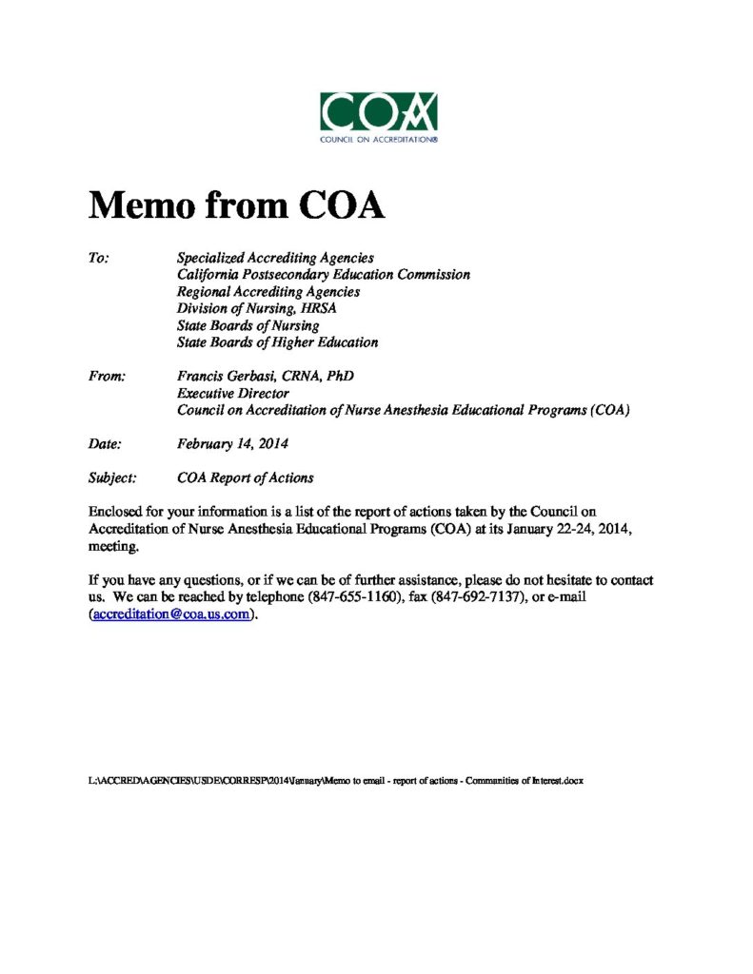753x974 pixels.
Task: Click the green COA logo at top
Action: point(379,112)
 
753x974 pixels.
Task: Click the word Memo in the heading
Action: point(140,205)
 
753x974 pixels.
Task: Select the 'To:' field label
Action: point(99,258)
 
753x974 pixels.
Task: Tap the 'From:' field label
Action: point(108,377)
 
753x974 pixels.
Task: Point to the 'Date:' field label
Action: point(105,443)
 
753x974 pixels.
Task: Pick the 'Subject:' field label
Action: point(112,477)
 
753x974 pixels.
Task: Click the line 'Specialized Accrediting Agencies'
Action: point(275,258)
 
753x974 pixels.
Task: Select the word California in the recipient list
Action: point(212,274)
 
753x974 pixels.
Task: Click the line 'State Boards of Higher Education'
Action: point(277,342)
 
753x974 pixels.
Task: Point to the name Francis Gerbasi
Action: point(232,377)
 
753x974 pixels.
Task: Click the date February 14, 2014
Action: point(232,443)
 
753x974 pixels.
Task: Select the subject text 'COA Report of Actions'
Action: point(245,477)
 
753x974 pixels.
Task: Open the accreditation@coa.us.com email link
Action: point(172,614)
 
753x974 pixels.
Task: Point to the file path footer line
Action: point(335,781)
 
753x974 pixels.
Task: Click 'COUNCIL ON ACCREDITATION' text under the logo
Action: point(379,139)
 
